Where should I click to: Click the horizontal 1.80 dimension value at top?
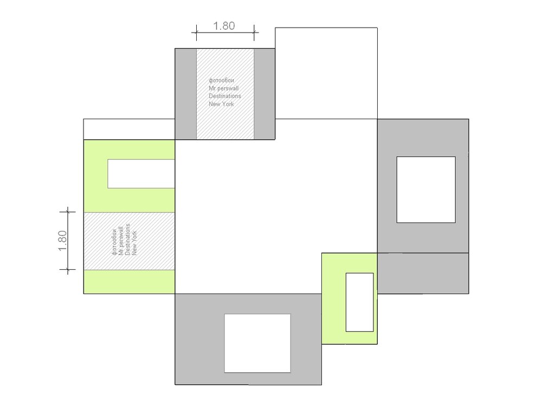(224, 26)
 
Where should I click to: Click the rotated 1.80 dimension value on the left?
(62, 241)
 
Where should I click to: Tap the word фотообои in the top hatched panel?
(221, 81)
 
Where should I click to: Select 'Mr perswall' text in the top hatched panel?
(224, 88)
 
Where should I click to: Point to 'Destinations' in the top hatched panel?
(225, 96)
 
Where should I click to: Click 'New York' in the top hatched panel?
(221, 104)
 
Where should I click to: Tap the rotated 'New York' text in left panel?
(134, 243)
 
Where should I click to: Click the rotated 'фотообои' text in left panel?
(114, 242)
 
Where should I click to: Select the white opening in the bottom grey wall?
(257, 343)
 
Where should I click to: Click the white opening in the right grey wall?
(426, 190)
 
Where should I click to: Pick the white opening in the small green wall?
(359, 302)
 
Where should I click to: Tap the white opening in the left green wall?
(141, 173)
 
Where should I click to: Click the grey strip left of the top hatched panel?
(186, 94)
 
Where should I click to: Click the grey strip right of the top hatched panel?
(264, 94)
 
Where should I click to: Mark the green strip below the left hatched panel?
(130, 282)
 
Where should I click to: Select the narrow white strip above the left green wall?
(130, 130)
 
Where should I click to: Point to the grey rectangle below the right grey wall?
(423, 273)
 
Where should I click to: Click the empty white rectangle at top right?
(326, 73)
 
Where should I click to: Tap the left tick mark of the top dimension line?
(196, 33)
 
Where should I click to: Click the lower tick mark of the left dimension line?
(68, 269)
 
